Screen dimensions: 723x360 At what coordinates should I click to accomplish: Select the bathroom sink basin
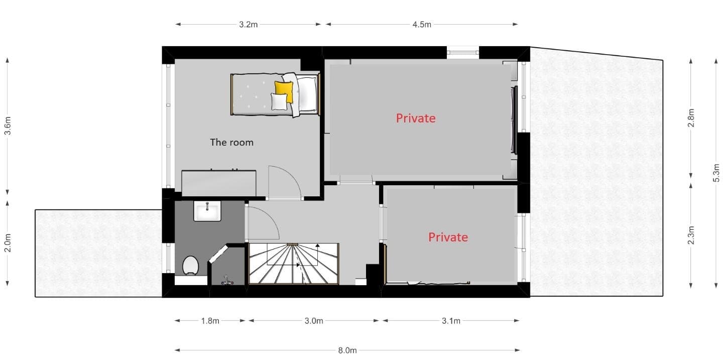pos(207,211)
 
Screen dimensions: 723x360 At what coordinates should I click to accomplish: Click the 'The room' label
pos(232,143)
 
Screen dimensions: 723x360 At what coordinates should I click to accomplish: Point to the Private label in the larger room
pos(416,118)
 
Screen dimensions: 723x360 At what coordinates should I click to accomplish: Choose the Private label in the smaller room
pos(448,237)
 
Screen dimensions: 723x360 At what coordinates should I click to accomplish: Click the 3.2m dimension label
pos(248,25)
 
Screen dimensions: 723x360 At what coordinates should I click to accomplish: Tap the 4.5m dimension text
pos(422,25)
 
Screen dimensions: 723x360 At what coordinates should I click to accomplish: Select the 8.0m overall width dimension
pos(347,350)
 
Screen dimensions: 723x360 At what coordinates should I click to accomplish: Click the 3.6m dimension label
pos(8,126)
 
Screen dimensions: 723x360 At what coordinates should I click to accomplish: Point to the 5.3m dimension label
pos(716,173)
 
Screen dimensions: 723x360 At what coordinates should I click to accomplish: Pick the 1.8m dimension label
pos(210,321)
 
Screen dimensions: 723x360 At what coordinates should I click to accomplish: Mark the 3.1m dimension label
pos(451,321)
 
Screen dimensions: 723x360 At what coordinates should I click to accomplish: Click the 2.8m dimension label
pos(691,118)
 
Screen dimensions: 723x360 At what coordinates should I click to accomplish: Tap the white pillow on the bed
pos(279,102)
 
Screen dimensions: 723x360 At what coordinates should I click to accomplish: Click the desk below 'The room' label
pos(219,183)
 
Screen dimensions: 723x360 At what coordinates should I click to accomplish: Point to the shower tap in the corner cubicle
pos(227,280)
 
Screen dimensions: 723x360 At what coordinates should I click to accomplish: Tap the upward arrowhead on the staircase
pos(318,246)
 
